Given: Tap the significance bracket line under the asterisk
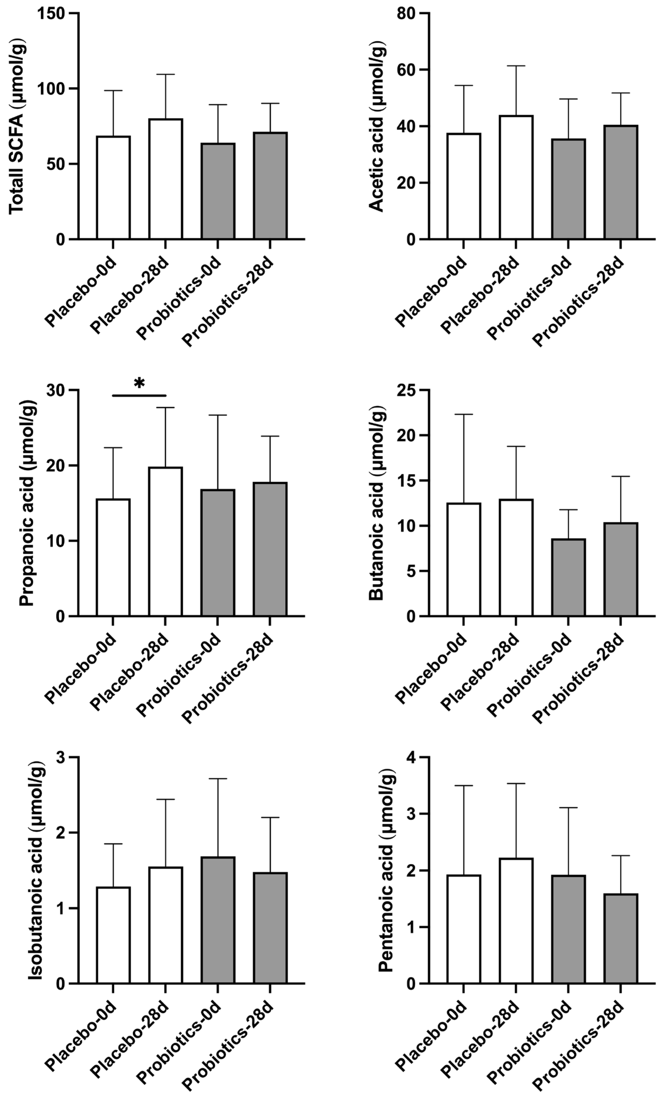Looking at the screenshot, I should [139, 395].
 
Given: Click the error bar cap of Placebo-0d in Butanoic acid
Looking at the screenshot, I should [464, 414].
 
